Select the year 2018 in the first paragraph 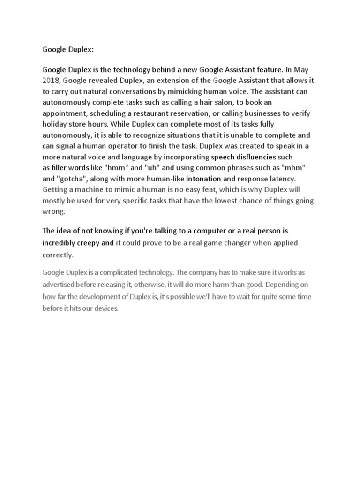click(x=51, y=81)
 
